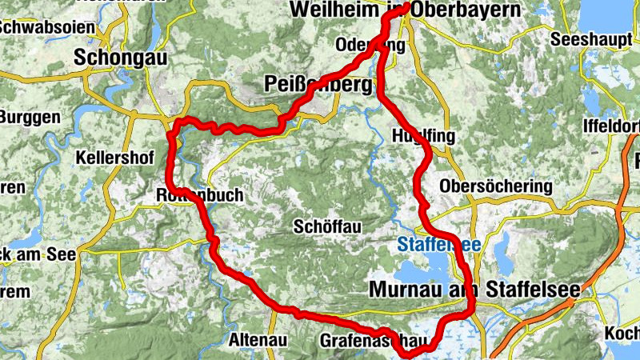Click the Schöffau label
pos(327,227)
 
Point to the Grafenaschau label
pos(368,340)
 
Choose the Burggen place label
pos(30,117)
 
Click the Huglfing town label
pos(424,136)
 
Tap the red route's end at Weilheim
pos(407,6)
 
